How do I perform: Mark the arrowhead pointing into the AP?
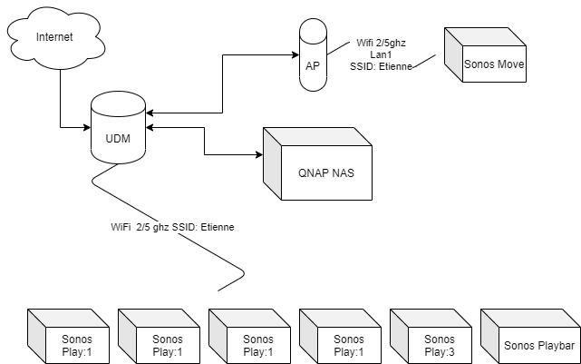[297, 55]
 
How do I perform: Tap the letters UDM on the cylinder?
[119, 137]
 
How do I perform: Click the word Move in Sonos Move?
[509, 64]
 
